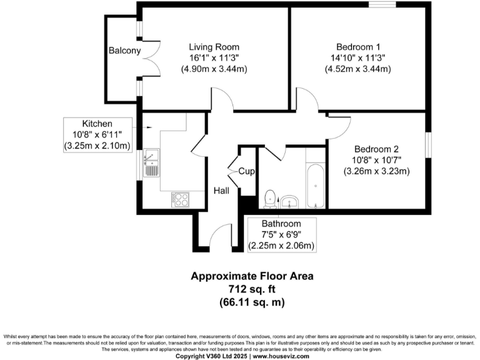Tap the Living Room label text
[214, 47]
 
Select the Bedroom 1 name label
[358, 47]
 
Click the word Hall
[222, 191]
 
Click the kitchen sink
[151, 163]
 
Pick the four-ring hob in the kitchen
[181, 199]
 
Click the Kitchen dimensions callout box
[97, 134]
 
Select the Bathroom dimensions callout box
[281, 234]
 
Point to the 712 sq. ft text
[252, 289]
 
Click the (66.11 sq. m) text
[252, 302]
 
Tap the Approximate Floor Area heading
[252, 276]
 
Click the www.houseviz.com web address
[285, 356]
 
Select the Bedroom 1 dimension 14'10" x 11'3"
[358, 57]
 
